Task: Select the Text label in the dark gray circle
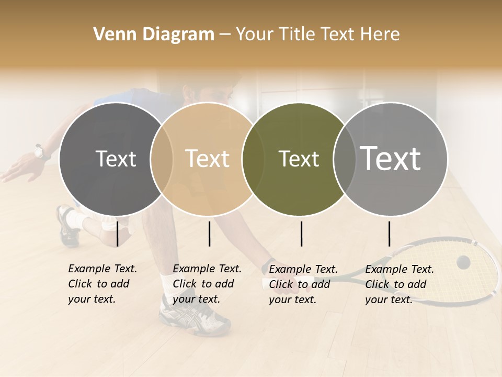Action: point(116,159)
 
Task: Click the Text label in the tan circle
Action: point(207,159)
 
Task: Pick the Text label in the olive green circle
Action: point(299,159)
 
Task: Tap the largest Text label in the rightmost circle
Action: point(390,158)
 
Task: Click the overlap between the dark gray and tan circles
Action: point(162,159)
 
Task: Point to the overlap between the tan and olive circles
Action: point(253,159)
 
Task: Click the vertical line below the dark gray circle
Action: point(117,234)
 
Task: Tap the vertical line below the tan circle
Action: point(209,234)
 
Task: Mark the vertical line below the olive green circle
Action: point(301,234)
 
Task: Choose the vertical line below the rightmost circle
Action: point(389,234)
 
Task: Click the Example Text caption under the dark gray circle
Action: point(102,284)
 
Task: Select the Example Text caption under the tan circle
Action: point(207,284)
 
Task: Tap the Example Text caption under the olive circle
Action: point(303,284)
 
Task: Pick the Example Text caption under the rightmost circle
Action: point(400,284)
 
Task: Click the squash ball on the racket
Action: point(463,262)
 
